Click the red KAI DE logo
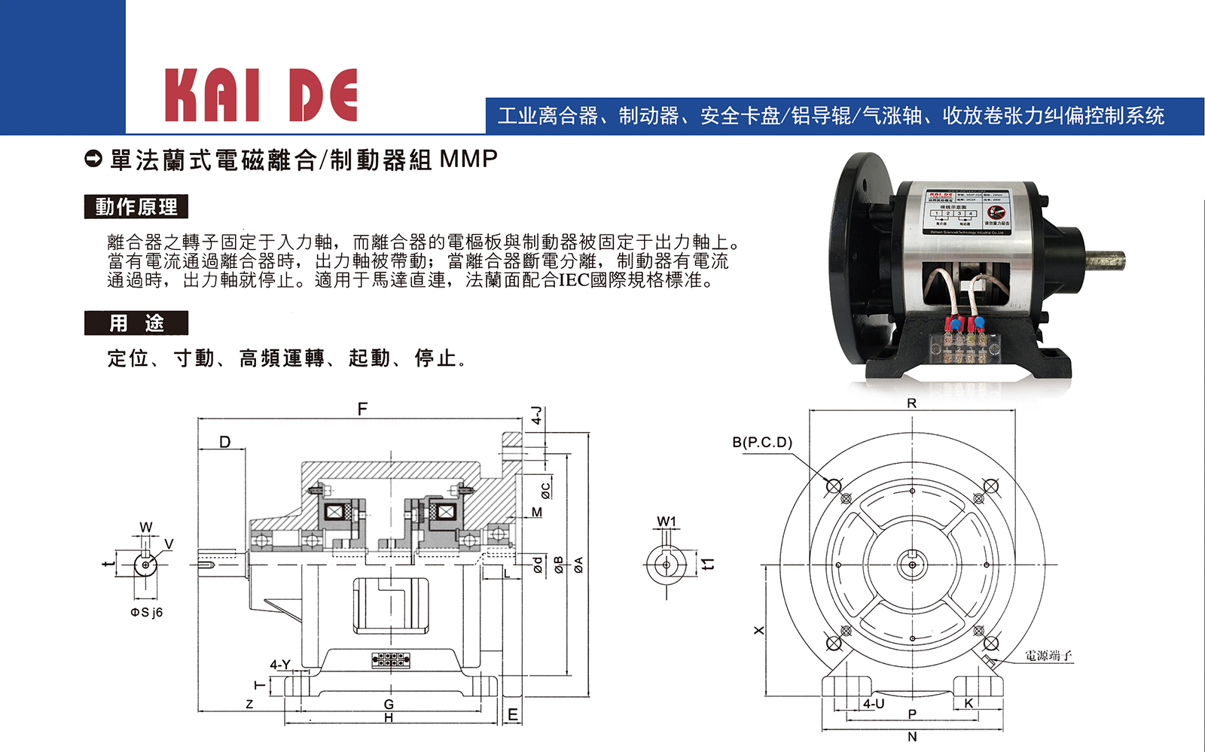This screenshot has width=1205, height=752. pyautogui.click(x=261, y=96)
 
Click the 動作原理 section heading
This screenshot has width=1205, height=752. pyautogui.click(x=136, y=207)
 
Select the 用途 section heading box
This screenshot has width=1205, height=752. pyautogui.click(x=136, y=323)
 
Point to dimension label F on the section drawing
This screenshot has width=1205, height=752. pyautogui.click(x=362, y=409)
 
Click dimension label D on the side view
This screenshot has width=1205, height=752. pyautogui.click(x=224, y=442)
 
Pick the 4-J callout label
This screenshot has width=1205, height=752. pyautogui.click(x=536, y=416)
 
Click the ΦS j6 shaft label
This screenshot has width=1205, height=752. pyautogui.click(x=146, y=612)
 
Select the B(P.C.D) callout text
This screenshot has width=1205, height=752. pyautogui.click(x=762, y=442)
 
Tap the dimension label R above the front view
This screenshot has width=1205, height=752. pyautogui.click(x=911, y=403)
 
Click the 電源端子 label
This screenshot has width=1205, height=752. pyautogui.click(x=1048, y=656)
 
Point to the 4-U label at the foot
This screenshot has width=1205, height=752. pyautogui.click(x=874, y=703)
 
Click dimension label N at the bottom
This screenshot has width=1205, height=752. pyautogui.click(x=912, y=737)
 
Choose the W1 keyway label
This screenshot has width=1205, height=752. pyautogui.click(x=667, y=522)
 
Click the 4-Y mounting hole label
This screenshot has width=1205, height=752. pyautogui.click(x=280, y=664)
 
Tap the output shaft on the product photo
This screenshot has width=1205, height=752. pyautogui.click(x=1104, y=260)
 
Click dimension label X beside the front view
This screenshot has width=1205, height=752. pyautogui.click(x=759, y=630)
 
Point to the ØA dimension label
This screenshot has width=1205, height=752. pyautogui.click(x=578, y=565)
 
